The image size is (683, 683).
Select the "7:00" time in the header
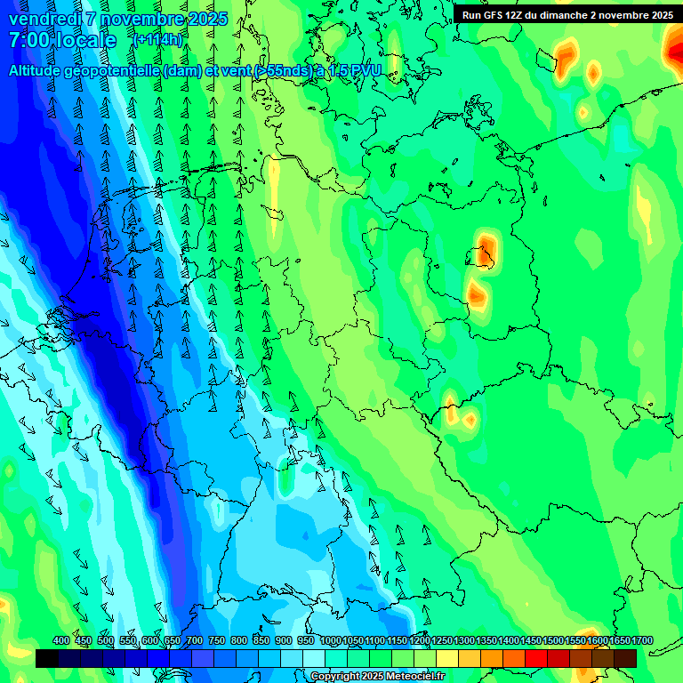coord(28,41)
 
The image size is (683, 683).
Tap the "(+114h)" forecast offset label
coord(158,40)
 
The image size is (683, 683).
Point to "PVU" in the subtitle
coord(364,70)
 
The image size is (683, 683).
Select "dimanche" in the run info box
coord(564,15)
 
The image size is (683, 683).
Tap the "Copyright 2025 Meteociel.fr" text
coord(377,677)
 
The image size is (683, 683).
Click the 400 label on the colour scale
coord(61,641)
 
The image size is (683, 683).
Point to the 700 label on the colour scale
coord(195,641)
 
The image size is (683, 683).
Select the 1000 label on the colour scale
coord(332,641)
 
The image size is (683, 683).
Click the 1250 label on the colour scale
coord(442,641)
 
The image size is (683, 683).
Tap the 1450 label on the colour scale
coord(531,641)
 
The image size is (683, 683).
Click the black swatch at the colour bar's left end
coord(47,658)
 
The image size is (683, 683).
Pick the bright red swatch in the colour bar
coord(536,658)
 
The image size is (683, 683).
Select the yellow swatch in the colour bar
coord(447,658)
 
